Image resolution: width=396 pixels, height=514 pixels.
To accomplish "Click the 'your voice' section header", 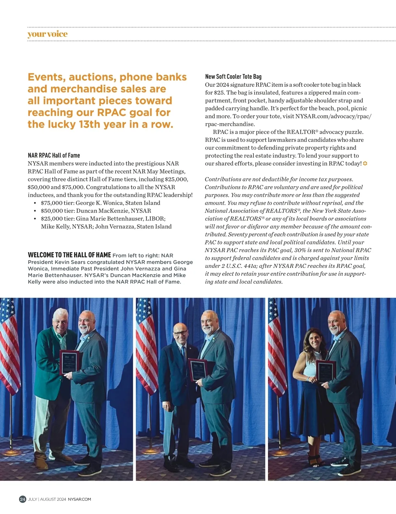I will (48, 34).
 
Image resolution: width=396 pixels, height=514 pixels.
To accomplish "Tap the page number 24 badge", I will (22, 499).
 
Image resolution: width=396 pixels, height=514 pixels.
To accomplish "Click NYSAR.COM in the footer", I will (79, 499).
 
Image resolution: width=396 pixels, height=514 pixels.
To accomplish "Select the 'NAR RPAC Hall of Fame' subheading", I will (54, 155).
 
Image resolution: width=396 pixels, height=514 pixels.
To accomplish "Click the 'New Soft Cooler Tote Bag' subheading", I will (233, 77).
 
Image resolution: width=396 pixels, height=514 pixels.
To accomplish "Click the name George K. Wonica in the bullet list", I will (99, 203).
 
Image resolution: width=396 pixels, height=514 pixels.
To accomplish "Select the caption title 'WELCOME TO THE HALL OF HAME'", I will (69, 255).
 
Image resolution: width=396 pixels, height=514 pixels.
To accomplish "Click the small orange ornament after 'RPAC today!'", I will (365, 164).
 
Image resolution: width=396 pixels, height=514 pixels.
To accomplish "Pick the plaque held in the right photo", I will (326, 371).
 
